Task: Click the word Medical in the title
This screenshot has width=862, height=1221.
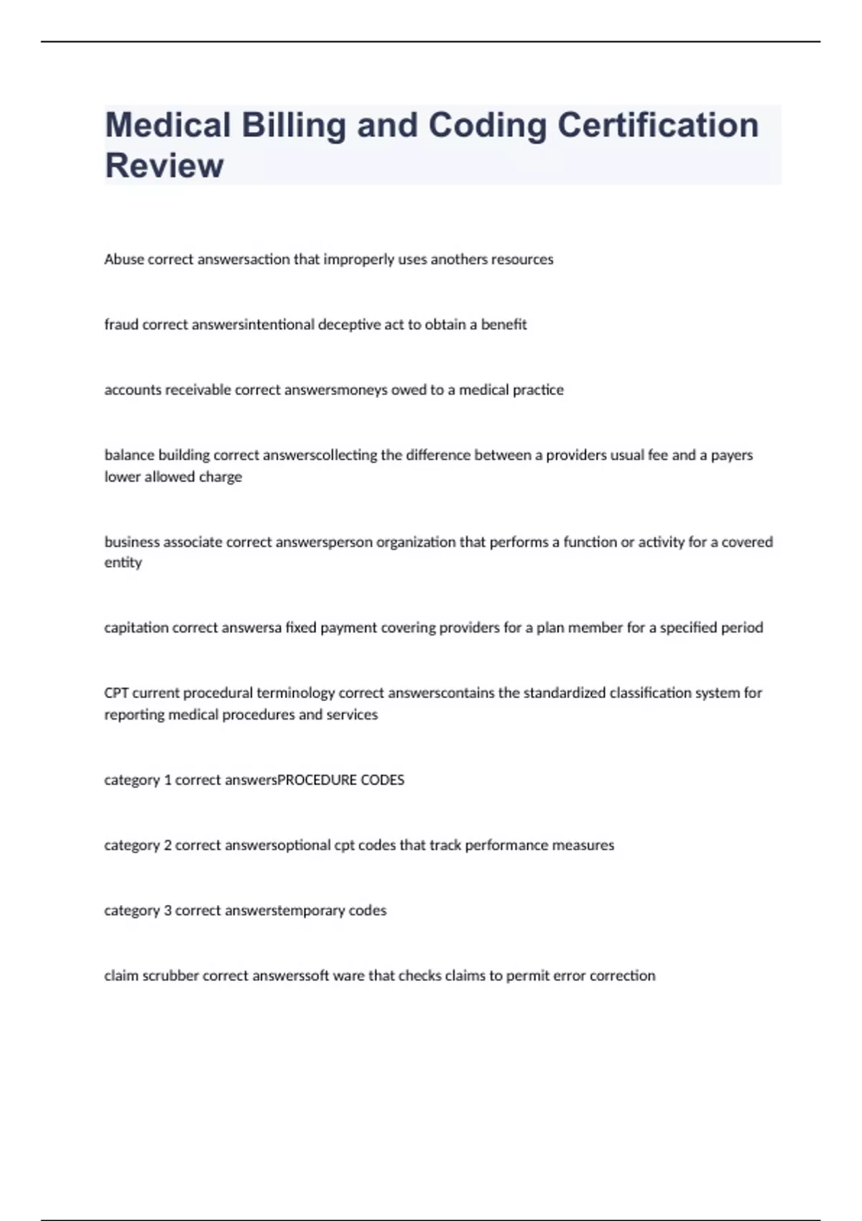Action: click(167, 125)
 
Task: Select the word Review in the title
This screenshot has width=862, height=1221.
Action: click(164, 165)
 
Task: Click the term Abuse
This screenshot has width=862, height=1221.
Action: click(124, 259)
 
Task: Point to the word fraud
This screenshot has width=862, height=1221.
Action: click(121, 325)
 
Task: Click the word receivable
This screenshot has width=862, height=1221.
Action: click(198, 390)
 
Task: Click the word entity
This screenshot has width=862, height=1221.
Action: click(123, 562)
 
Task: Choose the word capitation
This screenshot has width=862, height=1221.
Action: click(136, 628)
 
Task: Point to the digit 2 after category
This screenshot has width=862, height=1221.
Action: click(167, 845)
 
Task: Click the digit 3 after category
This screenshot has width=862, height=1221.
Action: click(167, 911)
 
